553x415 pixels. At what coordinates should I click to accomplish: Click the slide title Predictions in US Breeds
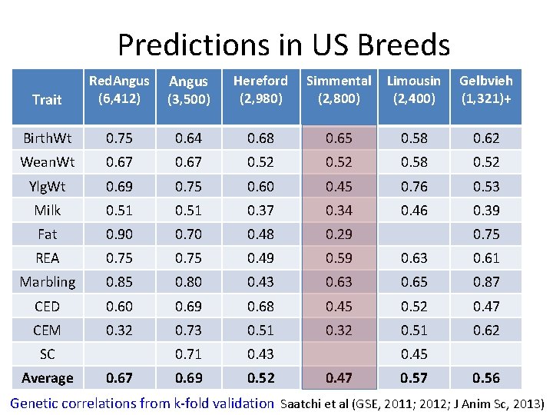click(x=283, y=45)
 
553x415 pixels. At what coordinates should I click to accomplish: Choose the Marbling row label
click(x=47, y=282)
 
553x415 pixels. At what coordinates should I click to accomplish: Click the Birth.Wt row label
click(x=47, y=138)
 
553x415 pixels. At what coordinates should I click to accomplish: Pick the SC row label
click(x=47, y=354)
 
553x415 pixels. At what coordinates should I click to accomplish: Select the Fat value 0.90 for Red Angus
click(x=118, y=234)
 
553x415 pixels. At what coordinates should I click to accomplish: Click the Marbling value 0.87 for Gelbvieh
click(x=485, y=282)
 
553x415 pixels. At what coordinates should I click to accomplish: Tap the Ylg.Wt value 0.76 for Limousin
click(x=414, y=187)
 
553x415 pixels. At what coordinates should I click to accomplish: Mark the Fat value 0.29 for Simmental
click(x=339, y=234)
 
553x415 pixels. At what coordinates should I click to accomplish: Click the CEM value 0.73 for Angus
click(x=188, y=330)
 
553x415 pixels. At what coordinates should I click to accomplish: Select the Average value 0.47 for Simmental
click(x=339, y=378)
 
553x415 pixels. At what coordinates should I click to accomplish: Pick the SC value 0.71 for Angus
click(x=188, y=354)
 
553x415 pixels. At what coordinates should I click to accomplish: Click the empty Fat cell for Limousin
click(x=414, y=234)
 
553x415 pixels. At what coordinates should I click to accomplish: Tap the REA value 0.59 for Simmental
click(x=339, y=258)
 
